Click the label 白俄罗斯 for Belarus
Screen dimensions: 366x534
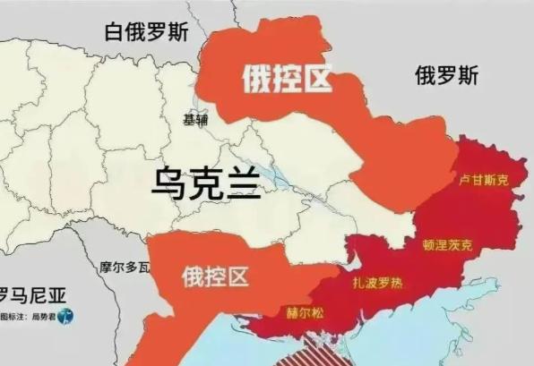tap(146, 32)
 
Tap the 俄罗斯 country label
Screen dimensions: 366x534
tap(446, 76)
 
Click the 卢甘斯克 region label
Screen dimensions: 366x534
tap(483, 180)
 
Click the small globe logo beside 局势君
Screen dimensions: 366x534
tap(69, 316)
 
